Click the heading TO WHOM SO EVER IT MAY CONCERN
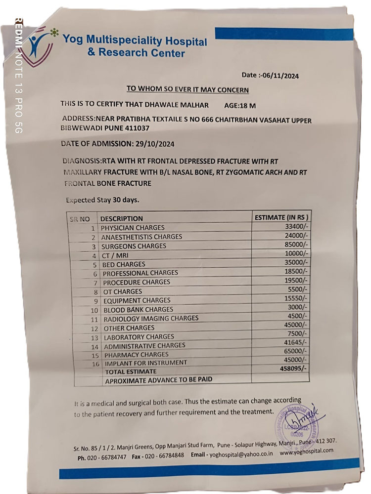(x=187, y=89)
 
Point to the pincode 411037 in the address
(x=137, y=128)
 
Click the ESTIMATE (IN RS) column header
(x=281, y=217)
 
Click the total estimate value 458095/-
(x=292, y=369)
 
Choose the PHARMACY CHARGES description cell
(x=136, y=355)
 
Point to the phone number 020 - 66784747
(x=107, y=457)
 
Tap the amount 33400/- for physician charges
(x=295, y=226)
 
